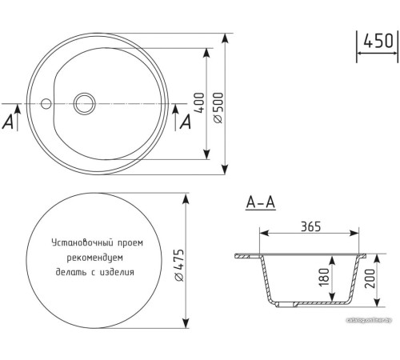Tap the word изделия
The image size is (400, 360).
pyautogui.click(x=115, y=271)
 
